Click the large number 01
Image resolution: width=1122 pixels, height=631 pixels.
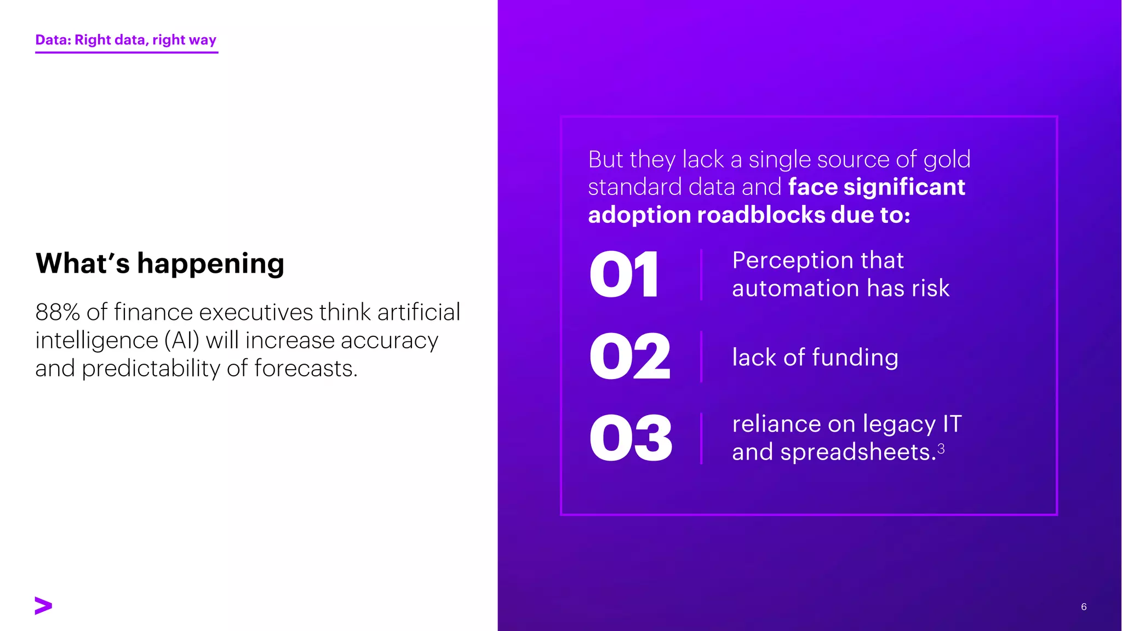coord(624,274)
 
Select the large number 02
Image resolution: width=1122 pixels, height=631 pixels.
coord(630,357)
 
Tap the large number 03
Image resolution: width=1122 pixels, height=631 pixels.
coord(631,438)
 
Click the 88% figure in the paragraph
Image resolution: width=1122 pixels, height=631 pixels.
coord(58,312)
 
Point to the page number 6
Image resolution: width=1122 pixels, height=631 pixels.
coord(1084,606)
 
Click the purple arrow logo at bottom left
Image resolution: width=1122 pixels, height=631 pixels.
coord(43,605)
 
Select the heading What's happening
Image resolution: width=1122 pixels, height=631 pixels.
coord(160,263)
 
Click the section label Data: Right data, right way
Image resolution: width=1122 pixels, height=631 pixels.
coord(126,40)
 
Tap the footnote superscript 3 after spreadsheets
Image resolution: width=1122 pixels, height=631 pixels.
coord(941,449)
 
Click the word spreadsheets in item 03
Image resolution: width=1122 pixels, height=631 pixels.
coord(858,452)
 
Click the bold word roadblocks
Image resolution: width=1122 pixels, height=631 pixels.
coord(761,215)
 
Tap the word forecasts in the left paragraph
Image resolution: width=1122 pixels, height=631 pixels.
coord(305,369)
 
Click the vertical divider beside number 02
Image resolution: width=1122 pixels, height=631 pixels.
coord(701,357)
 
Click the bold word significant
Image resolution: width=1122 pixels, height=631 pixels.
coord(904,187)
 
